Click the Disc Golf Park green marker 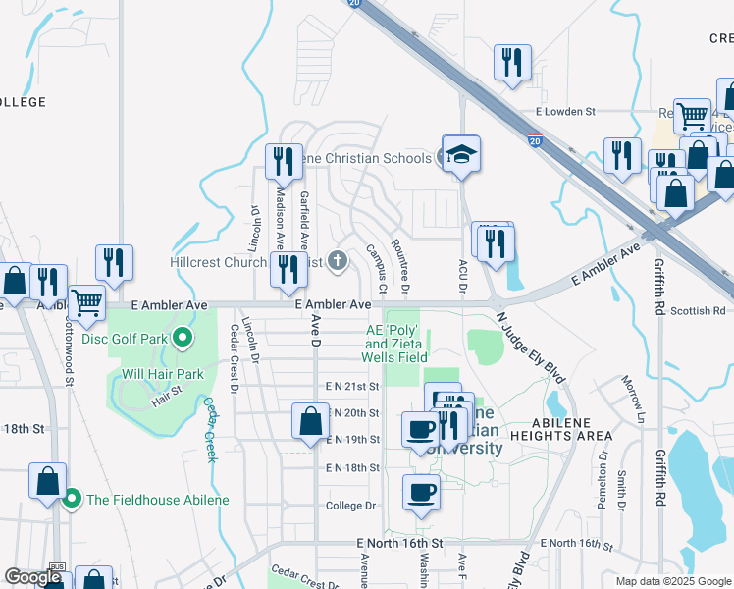tap(183, 340)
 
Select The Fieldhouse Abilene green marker tap(72, 500)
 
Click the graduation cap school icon tap(460, 155)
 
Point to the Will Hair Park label tap(162, 373)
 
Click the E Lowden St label tap(565, 112)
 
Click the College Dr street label tap(351, 506)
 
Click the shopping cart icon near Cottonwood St tap(85, 303)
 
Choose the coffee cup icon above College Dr tap(422, 493)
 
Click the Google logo tap(33, 577)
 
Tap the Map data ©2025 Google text tap(672, 581)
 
